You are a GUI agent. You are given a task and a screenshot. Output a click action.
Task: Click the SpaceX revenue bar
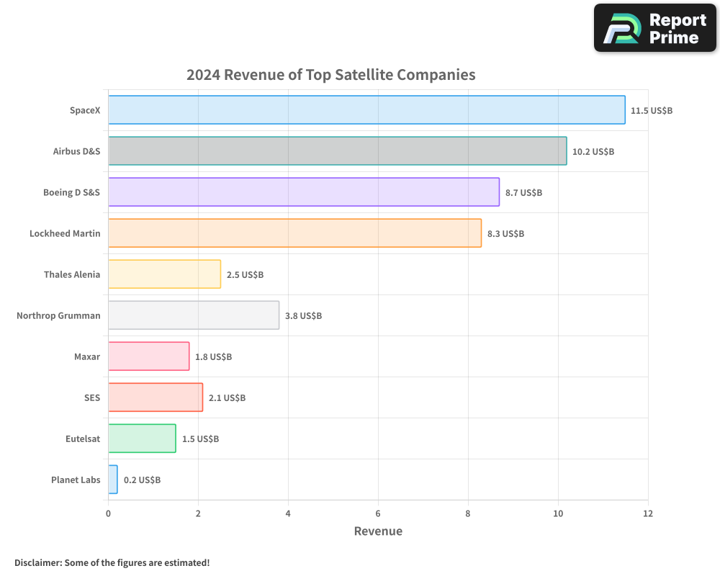pos(366,110)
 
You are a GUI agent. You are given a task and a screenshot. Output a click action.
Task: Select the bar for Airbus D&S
pos(337,151)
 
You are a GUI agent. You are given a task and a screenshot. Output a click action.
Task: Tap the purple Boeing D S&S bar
pos(303,192)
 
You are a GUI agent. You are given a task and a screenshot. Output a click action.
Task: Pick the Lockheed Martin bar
pos(294,233)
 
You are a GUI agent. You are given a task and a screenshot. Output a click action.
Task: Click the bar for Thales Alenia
pos(164,274)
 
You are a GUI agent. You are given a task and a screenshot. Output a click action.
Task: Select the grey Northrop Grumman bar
pos(194,315)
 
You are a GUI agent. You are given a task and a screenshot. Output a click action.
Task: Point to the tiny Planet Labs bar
pos(113,480)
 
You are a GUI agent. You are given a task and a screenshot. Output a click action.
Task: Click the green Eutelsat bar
pos(142,438)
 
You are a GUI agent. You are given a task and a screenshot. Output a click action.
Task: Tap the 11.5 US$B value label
pos(652,111)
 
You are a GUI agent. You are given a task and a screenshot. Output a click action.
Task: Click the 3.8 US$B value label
pos(303,316)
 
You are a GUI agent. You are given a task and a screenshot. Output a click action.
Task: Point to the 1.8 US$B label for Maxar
pos(213,357)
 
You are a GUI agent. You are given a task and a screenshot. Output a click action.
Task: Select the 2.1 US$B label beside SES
pos(227,398)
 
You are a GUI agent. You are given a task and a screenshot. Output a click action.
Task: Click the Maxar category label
pos(87,356)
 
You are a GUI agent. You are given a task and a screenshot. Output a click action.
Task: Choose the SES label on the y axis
pos(92,397)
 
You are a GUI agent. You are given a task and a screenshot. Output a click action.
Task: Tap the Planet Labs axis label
pos(76,480)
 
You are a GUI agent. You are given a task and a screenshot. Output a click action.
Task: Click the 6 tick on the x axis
pos(378,513)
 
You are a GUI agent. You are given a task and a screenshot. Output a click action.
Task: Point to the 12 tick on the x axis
pos(647,513)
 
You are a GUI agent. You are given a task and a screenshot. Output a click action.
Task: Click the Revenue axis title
pos(378,531)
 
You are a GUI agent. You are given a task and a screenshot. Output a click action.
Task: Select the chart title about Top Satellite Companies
pos(330,75)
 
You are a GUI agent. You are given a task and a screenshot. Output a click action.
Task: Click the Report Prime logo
pos(655,28)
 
